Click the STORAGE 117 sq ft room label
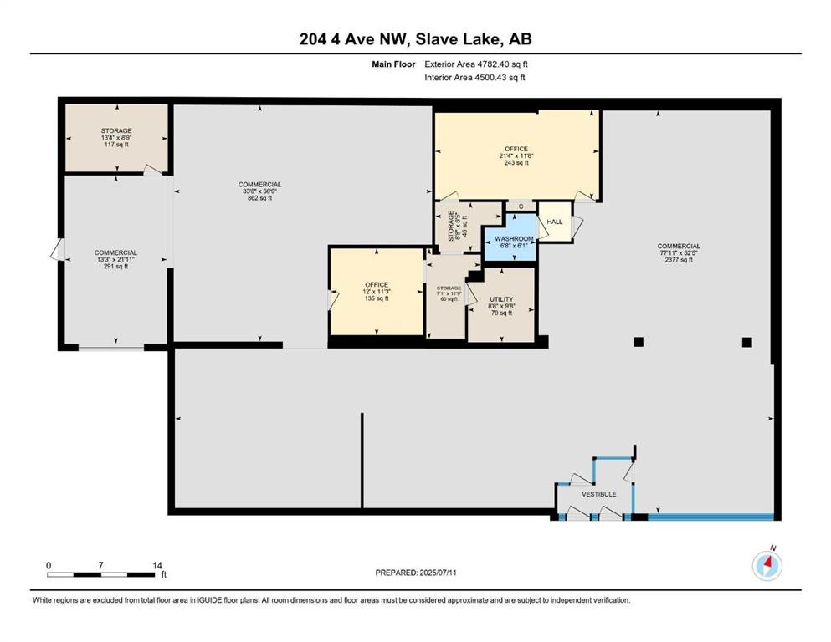pyautogui.click(x=116, y=138)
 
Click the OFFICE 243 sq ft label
pyautogui.click(x=516, y=156)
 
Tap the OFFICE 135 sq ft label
pyautogui.click(x=376, y=292)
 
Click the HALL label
pyautogui.click(x=554, y=222)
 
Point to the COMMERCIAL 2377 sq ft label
pyautogui.click(x=678, y=252)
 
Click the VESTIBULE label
pyautogui.click(x=598, y=494)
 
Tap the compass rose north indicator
pyautogui.click(x=767, y=566)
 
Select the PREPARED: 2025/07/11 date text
pyautogui.click(x=415, y=573)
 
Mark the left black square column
pyautogui.click(x=638, y=341)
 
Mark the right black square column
pyautogui.click(x=746, y=341)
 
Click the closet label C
pyautogui.click(x=521, y=206)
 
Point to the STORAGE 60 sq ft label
pyautogui.click(x=444, y=293)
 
